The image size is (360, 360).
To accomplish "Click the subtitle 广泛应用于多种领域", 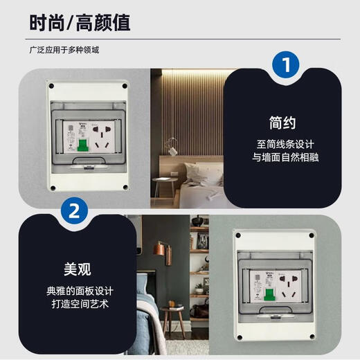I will [x=69, y=49].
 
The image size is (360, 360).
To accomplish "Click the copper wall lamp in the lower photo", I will [x=159, y=251].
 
